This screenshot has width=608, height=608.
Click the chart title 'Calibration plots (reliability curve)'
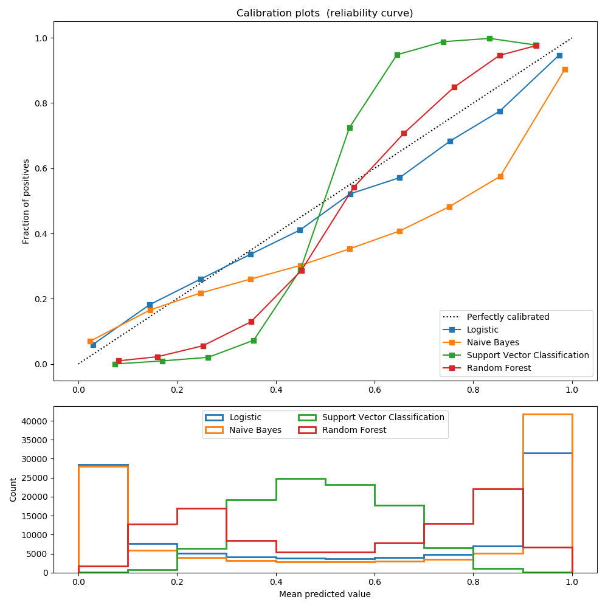click(x=325, y=13)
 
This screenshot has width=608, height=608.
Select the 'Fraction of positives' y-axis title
click(x=26, y=201)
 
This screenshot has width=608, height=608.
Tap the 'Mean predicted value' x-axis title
click(x=325, y=594)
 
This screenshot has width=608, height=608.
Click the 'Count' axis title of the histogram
click(x=13, y=489)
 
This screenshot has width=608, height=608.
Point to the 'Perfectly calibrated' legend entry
click(x=508, y=317)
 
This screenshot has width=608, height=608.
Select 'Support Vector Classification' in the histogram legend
click(x=383, y=418)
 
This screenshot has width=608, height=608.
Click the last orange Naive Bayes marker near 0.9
click(x=565, y=69)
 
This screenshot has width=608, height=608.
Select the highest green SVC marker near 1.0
click(x=489, y=38)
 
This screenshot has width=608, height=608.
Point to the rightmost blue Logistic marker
click(x=559, y=55)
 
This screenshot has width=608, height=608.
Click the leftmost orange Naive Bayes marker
click(x=90, y=341)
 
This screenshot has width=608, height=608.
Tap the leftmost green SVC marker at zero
click(x=115, y=364)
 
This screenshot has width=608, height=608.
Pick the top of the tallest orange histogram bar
click(x=547, y=415)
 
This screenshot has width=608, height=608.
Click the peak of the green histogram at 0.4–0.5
click(x=300, y=479)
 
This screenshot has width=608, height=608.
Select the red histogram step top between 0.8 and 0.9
click(x=498, y=489)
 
